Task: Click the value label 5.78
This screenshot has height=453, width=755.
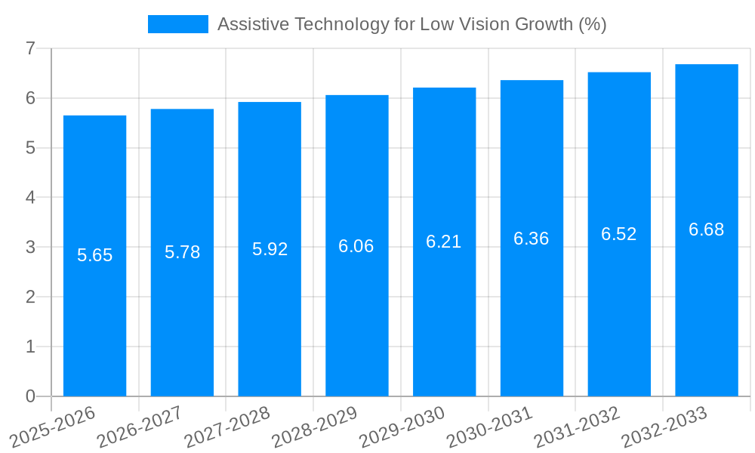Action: (182, 252)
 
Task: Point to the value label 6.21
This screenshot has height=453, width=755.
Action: (444, 242)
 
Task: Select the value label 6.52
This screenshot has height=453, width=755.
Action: (619, 234)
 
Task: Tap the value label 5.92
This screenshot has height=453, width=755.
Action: (270, 249)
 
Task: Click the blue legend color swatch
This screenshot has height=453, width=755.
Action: (178, 24)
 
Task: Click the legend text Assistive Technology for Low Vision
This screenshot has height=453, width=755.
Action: (411, 24)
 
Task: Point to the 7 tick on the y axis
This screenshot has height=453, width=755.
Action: (30, 48)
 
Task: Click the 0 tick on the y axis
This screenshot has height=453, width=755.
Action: (30, 396)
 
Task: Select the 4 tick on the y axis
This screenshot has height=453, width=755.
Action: (30, 198)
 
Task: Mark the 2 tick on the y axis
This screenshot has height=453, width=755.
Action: (30, 297)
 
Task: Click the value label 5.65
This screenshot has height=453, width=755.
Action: (94, 255)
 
